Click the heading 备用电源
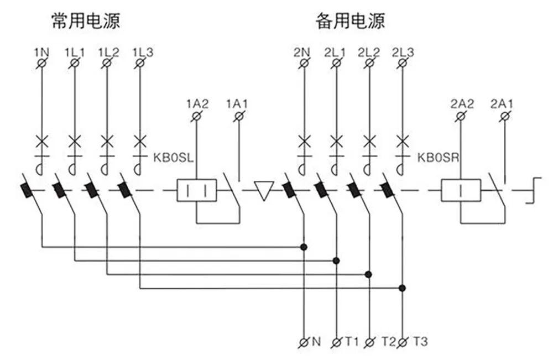click(350, 21)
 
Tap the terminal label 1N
click(41, 53)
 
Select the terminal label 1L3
click(143, 53)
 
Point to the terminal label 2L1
click(335, 53)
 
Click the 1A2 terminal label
click(197, 103)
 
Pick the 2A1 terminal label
click(502, 103)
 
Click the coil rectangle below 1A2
click(197, 191)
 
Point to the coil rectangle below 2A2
click(461, 191)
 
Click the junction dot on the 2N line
click(303, 246)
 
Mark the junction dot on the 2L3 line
click(403, 288)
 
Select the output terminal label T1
click(352, 342)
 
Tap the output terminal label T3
click(420, 342)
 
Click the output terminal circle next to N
click(304, 342)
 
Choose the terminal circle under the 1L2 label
click(107, 64)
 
